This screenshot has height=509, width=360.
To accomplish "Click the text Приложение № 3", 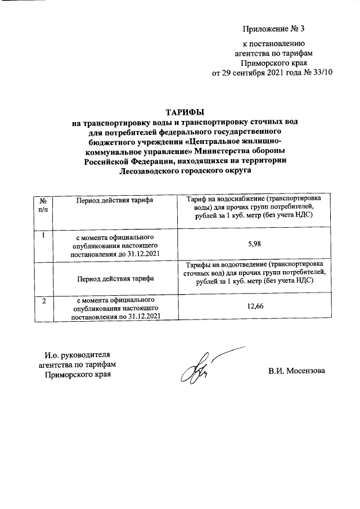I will pos(273,28).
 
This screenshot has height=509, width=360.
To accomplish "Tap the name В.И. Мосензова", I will pos(297,371).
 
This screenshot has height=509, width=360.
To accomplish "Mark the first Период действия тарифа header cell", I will pos(115,200).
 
